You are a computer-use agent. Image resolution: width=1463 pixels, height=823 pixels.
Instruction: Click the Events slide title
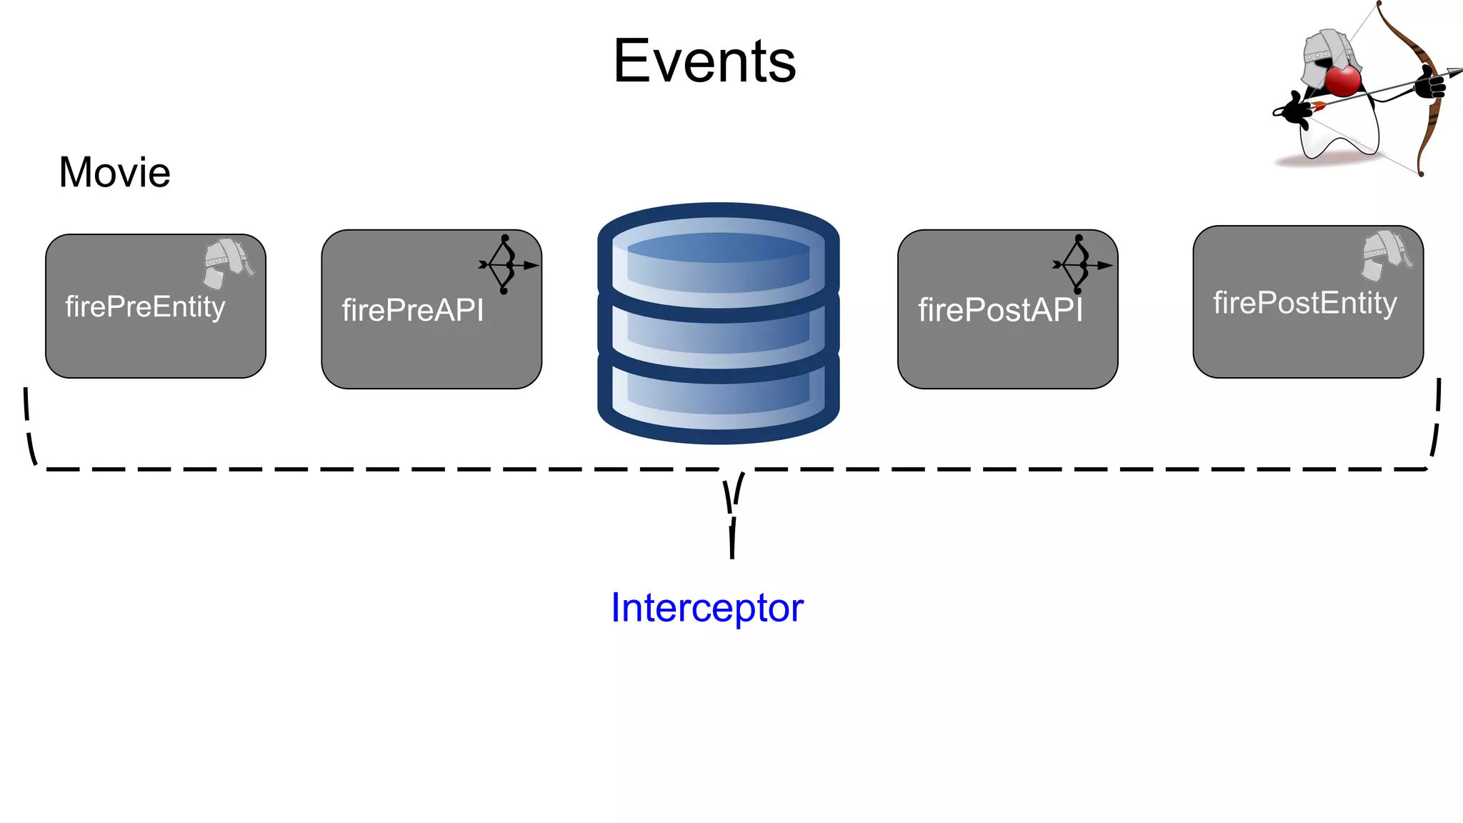(704, 62)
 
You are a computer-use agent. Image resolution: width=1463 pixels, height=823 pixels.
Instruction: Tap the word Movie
(114, 172)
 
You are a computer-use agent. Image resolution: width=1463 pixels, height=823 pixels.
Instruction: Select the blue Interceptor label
(706, 608)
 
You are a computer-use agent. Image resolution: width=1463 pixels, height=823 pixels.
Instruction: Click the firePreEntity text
(145, 306)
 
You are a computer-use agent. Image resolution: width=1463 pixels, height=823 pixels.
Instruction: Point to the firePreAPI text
(412, 310)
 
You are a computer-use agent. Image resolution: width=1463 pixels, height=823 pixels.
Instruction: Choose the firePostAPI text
(1000, 310)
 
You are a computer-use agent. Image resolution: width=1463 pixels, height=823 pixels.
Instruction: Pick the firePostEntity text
(1304, 303)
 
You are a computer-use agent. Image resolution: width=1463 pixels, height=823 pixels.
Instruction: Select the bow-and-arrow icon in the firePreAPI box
(506, 264)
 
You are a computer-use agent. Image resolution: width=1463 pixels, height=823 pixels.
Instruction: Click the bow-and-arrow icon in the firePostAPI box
(1080, 264)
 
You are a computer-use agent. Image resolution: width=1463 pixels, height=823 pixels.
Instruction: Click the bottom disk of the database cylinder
(718, 396)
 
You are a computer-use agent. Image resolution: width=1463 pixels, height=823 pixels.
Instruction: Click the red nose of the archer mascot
(1343, 80)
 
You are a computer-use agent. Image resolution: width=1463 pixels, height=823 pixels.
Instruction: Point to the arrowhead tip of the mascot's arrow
(1457, 70)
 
